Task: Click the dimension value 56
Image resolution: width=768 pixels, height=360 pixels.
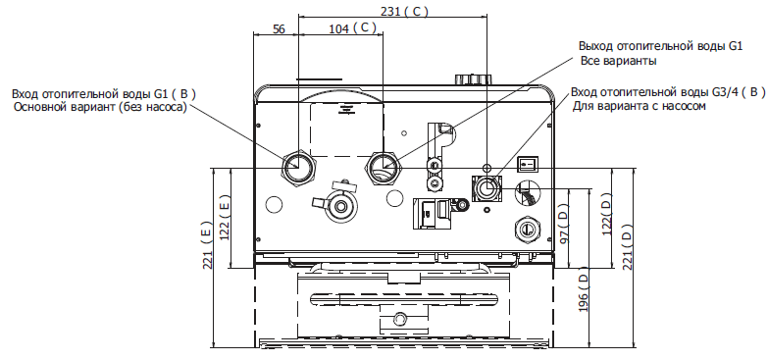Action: pyautogui.click(x=279, y=28)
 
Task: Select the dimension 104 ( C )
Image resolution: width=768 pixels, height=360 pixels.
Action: pyautogui.click(x=352, y=28)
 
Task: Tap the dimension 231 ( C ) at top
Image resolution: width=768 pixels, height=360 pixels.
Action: pyautogui.click(x=404, y=11)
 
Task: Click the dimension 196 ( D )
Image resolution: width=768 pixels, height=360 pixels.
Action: pyautogui.click(x=583, y=292)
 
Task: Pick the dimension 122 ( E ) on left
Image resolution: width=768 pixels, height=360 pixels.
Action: pyautogui.click(x=225, y=218)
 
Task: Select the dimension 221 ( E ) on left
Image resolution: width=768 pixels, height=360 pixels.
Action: pyautogui.click(x=207, y=245)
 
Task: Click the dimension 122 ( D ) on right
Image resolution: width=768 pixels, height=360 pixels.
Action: pyautogui.click(x=607, y=215)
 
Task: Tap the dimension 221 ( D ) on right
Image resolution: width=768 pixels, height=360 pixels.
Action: pyautogui.click(x=627, y=247)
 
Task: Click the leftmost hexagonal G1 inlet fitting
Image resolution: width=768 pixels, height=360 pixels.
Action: pyautogui.click(x=298, y=167)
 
